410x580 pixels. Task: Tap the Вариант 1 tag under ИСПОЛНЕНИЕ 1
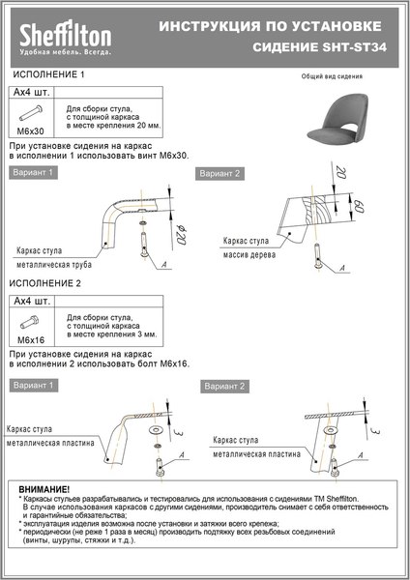tap(34, 172)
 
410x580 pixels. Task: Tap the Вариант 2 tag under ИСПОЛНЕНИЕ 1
tap(220, 174)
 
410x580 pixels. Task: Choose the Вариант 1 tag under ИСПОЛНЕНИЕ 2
tap(34, 384)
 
